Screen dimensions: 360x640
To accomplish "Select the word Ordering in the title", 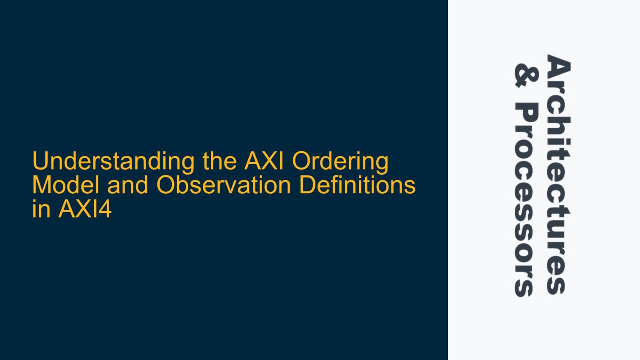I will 340,162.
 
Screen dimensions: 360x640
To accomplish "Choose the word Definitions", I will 357,185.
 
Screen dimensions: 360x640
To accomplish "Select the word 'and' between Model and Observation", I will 127,185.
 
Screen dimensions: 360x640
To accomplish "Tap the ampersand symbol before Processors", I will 526,75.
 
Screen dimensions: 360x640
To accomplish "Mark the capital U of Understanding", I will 40,161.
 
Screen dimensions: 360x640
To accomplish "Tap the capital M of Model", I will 41,185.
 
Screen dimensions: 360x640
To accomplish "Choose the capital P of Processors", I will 526,112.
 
